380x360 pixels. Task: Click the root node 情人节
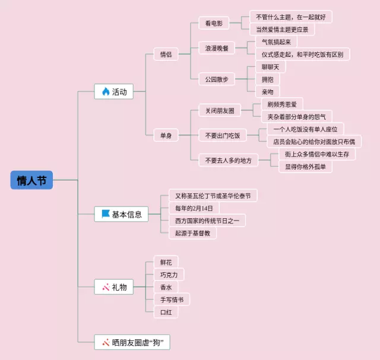pyautogui.click(x=31, y=180)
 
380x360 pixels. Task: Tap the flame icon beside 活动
pyautogui.click(x=105, y=91)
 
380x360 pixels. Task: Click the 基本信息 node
pyautogui.click(x=121, y=214)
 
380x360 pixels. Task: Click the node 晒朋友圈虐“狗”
pyautogui.click(x=132, y=342)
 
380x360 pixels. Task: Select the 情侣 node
pyautogui.click(x=166, y=55)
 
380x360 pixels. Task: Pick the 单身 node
pyautogui.click(x=166, y=136)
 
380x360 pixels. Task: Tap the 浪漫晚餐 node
pyautogui.click(x=216, y=48)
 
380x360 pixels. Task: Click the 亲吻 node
pyautogui.click(x=267, y=92)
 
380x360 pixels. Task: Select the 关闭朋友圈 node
pyautogui.click(x=220, y=110)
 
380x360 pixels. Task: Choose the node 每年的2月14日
pyautogui.click(x=194, y=208)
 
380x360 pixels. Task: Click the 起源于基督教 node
pyautogui.click(x=192, y=232)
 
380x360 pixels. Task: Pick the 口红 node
pyautogui.click(x=166, y=311)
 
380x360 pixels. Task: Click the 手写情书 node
pyautogui.click(x=172, y=299)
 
